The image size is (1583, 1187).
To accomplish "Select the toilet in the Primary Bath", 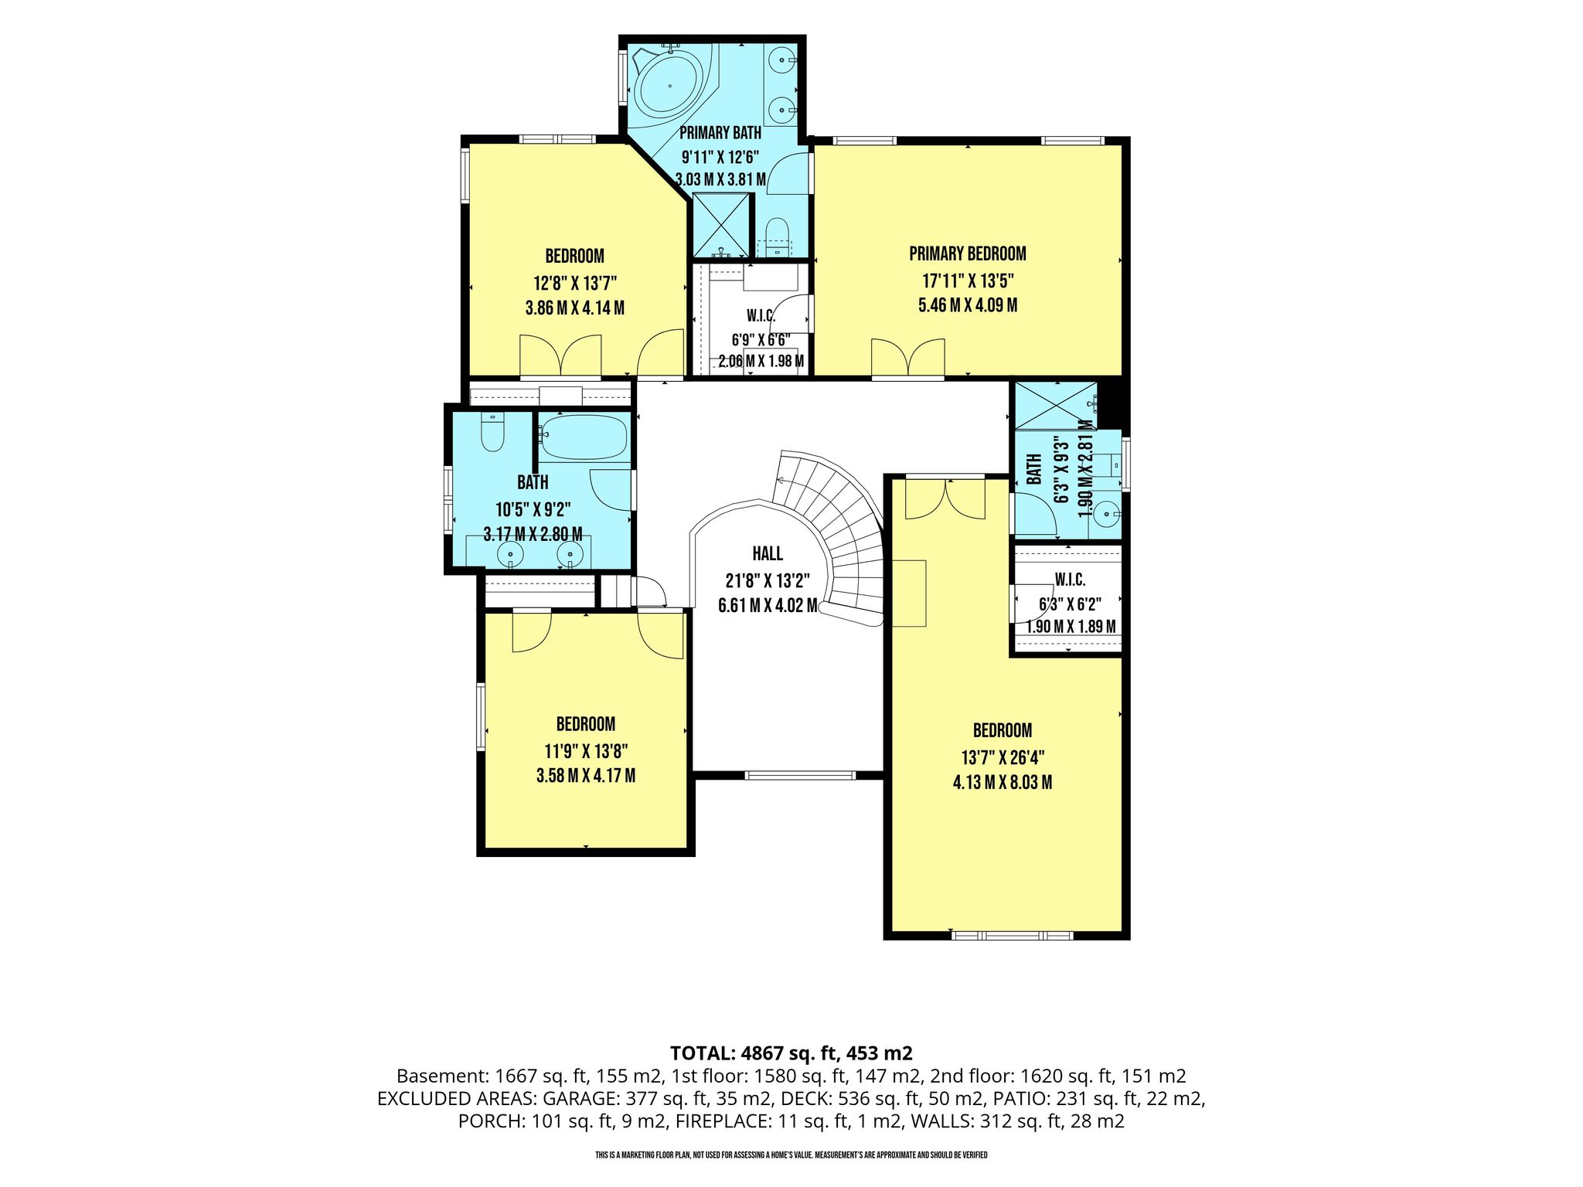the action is (x=775, y=235).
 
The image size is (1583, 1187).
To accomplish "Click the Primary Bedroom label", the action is (x=968, y=253).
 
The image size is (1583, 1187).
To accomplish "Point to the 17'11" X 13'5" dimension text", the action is (x=968, y=280).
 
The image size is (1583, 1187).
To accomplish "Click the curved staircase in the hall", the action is (x=835, y=537).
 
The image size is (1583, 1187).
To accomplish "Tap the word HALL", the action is (x=768, y=553).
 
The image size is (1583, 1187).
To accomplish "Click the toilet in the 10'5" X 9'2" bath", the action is (x=492, y=432).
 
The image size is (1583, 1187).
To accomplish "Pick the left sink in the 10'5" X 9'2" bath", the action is (x=510, y=553).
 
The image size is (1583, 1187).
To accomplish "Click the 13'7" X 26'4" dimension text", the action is (x=1003, y=757).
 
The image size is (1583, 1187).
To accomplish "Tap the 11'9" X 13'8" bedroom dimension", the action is (x=586, y=750).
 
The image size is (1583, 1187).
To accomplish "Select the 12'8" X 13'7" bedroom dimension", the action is (x=575, y=282).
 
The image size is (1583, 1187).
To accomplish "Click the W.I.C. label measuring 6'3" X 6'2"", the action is (x=1071, y=580).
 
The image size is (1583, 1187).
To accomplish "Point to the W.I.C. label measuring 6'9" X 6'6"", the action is (x=761, y=315).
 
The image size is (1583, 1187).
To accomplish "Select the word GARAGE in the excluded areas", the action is (x=578, y=1099).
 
